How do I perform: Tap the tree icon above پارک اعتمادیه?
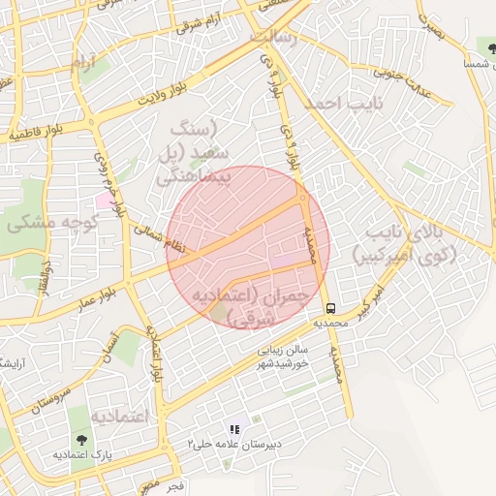tap(79, 439)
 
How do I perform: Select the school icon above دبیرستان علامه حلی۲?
tap(233, 429)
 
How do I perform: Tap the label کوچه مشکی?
tap(54, 223)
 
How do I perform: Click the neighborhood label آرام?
tap(84, 63)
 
